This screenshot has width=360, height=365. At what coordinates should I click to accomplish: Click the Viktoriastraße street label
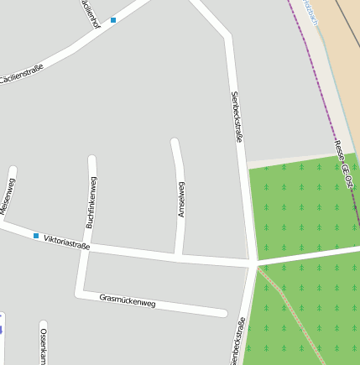(x=67, y=242)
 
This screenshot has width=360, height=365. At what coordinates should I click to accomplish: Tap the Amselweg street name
(x=181, y=199)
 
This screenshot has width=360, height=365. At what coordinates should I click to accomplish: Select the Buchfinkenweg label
(x=91, y=202)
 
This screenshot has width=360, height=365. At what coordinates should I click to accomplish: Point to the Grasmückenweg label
(x=128, y=300)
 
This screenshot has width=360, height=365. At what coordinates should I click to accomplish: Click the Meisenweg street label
(x=8, y=196)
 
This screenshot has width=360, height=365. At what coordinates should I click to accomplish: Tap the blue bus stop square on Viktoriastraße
(x=36, y=236)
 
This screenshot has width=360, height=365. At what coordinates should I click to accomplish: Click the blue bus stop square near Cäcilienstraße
(x=113, y=19)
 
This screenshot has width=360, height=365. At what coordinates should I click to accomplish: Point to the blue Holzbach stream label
(x=311, y=12)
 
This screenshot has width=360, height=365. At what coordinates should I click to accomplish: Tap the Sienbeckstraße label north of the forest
(x=237, y=116)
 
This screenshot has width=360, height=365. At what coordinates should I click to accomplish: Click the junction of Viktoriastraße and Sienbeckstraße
(x=253, y=263)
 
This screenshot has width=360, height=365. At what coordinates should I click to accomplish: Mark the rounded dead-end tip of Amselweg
(x=175, y=142)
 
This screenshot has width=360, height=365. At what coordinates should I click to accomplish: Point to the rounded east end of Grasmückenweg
(x=224, y=314)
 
